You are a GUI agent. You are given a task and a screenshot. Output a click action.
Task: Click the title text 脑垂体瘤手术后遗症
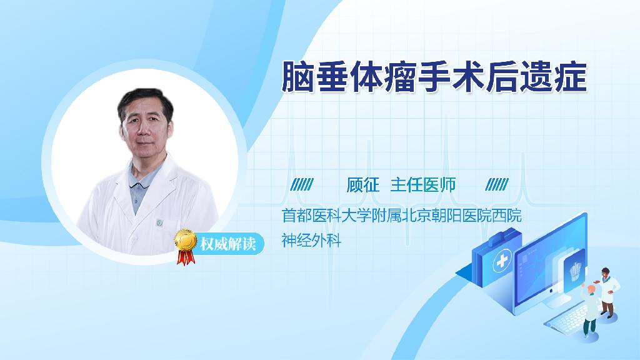tap(434, 77)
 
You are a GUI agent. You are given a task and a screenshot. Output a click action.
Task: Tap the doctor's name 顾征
tap(363, 185)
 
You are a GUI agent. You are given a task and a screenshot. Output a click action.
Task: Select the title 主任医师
tap(423, 185)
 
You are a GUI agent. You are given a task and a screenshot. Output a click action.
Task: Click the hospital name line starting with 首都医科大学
tap(402, 216)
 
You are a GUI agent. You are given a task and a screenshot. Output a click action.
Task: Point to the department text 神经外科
tap(311, 240)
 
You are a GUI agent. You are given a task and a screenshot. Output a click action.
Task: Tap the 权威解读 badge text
tap(227, 244)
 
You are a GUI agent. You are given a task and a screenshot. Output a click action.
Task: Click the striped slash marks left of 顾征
tap(302, 184)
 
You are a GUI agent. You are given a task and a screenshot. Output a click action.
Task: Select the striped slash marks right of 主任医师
tap(497, 184)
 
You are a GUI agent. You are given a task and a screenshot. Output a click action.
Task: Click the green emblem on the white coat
tap(159, 222)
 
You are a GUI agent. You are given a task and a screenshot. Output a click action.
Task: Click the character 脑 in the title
tap(297, 77)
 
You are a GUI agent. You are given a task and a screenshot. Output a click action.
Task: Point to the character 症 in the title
tap(571, 77)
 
